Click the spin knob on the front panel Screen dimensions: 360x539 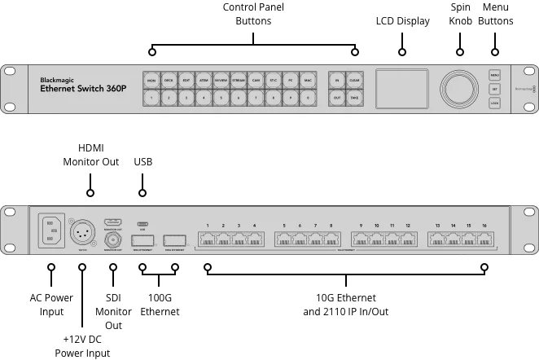click(459, 88)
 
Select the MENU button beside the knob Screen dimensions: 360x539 click(494, 75)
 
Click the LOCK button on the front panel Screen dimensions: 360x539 click(494, 103)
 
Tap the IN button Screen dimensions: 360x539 click(336, 81)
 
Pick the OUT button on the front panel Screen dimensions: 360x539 click(336, 98)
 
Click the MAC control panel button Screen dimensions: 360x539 click(309, 81)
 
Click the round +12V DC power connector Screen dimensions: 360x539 click(84, 232)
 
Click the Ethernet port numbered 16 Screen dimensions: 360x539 click(484, 239)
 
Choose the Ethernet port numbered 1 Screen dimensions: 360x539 click(208, 239)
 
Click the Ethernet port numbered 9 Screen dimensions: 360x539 click(361, 239)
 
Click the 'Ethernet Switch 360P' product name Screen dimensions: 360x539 click(83, 88)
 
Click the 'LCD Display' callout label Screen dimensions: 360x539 click(402, 21)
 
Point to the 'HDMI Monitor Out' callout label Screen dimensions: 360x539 click(91, 155)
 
